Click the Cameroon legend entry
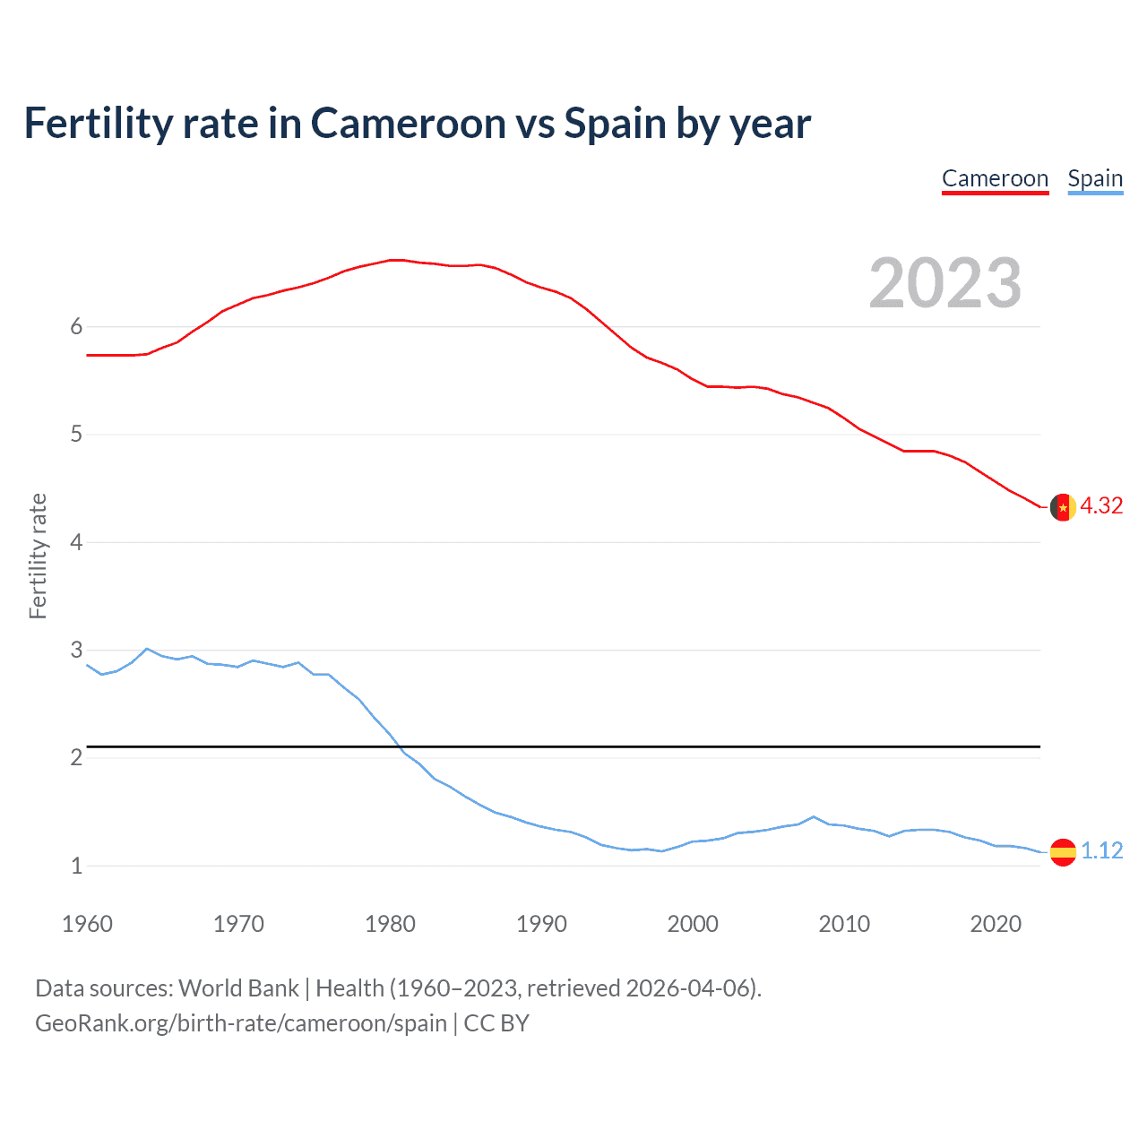[x=995, y=178]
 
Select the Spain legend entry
[x=1095, y=178]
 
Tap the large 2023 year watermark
[x=944, y=283]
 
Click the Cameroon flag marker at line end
[x=1062, y=507]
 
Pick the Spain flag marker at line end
[x=1062, y=851]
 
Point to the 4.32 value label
[x=1101, y=506]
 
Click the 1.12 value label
[x=1101, y=850]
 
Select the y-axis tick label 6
[x=76, y=327]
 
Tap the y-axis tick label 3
[x=76, y=650]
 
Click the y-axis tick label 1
[x=76, y=866]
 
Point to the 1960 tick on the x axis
[x=87, y=924]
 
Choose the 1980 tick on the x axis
[x=390, y=924]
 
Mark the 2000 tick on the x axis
[x=693, y=924]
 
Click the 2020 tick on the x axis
[x=996, y=924]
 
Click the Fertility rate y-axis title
[x=38, y=556]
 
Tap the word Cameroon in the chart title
[x=409, y=124]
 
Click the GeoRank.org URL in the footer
[x=240, y=1023]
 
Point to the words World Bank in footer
[x=238, y=988]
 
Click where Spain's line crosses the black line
[x=400, y=746]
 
